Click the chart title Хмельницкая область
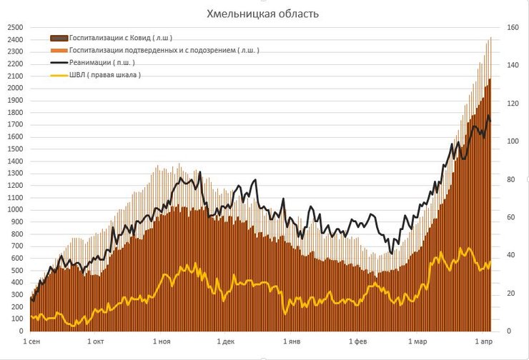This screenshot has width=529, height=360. click(x=262, y=14)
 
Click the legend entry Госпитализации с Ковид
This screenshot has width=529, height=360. click(x=121, y=38)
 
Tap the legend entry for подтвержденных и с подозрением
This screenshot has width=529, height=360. click(x=164, y=50)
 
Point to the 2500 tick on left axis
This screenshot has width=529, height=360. click(x=16, y=27)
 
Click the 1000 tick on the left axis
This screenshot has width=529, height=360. click(x=16, y=209)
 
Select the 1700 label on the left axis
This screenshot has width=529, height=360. click(x=16, y=124)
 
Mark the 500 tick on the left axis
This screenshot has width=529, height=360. click(x=18, y=270)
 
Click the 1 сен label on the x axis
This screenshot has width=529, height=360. click(x=33, y=341)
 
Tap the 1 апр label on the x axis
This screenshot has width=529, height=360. click(x=483, y=341)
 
